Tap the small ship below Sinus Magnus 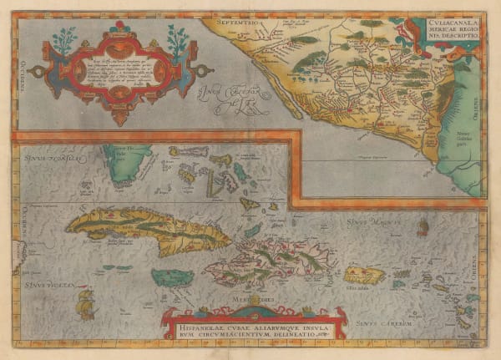pos(423,226)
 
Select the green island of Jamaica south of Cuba pos(172,277)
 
